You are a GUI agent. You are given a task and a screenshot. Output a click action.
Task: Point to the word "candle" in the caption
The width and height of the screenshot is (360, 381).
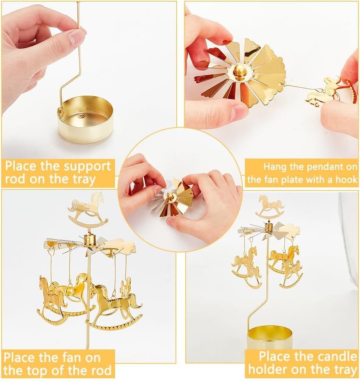332,357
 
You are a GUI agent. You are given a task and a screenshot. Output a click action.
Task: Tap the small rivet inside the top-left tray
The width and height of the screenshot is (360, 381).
81,117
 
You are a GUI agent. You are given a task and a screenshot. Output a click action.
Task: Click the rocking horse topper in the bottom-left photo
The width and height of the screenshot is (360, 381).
89,209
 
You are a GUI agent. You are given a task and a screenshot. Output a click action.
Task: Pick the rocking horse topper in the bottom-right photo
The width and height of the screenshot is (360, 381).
270,207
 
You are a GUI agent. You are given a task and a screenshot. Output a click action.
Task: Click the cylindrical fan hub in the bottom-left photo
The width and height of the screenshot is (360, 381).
90,239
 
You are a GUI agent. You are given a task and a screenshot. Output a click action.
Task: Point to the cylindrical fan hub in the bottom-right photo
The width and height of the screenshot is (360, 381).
269,228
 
